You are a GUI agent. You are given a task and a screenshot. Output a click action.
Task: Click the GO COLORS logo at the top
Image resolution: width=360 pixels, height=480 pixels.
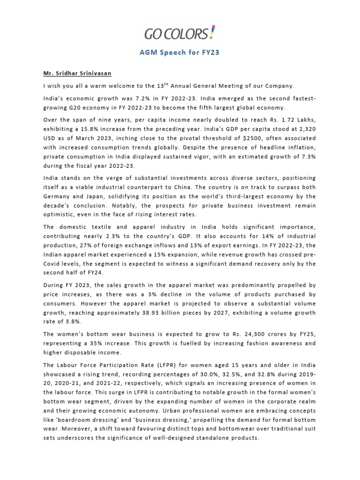tap(180, 34)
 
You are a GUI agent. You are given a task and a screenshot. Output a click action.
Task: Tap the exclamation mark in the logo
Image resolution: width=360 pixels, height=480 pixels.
tap(213, 33)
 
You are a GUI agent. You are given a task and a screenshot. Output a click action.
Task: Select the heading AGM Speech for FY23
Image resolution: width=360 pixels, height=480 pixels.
tap(180, 52)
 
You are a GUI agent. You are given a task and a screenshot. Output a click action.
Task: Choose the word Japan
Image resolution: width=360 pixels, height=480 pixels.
tap(98, 196)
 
